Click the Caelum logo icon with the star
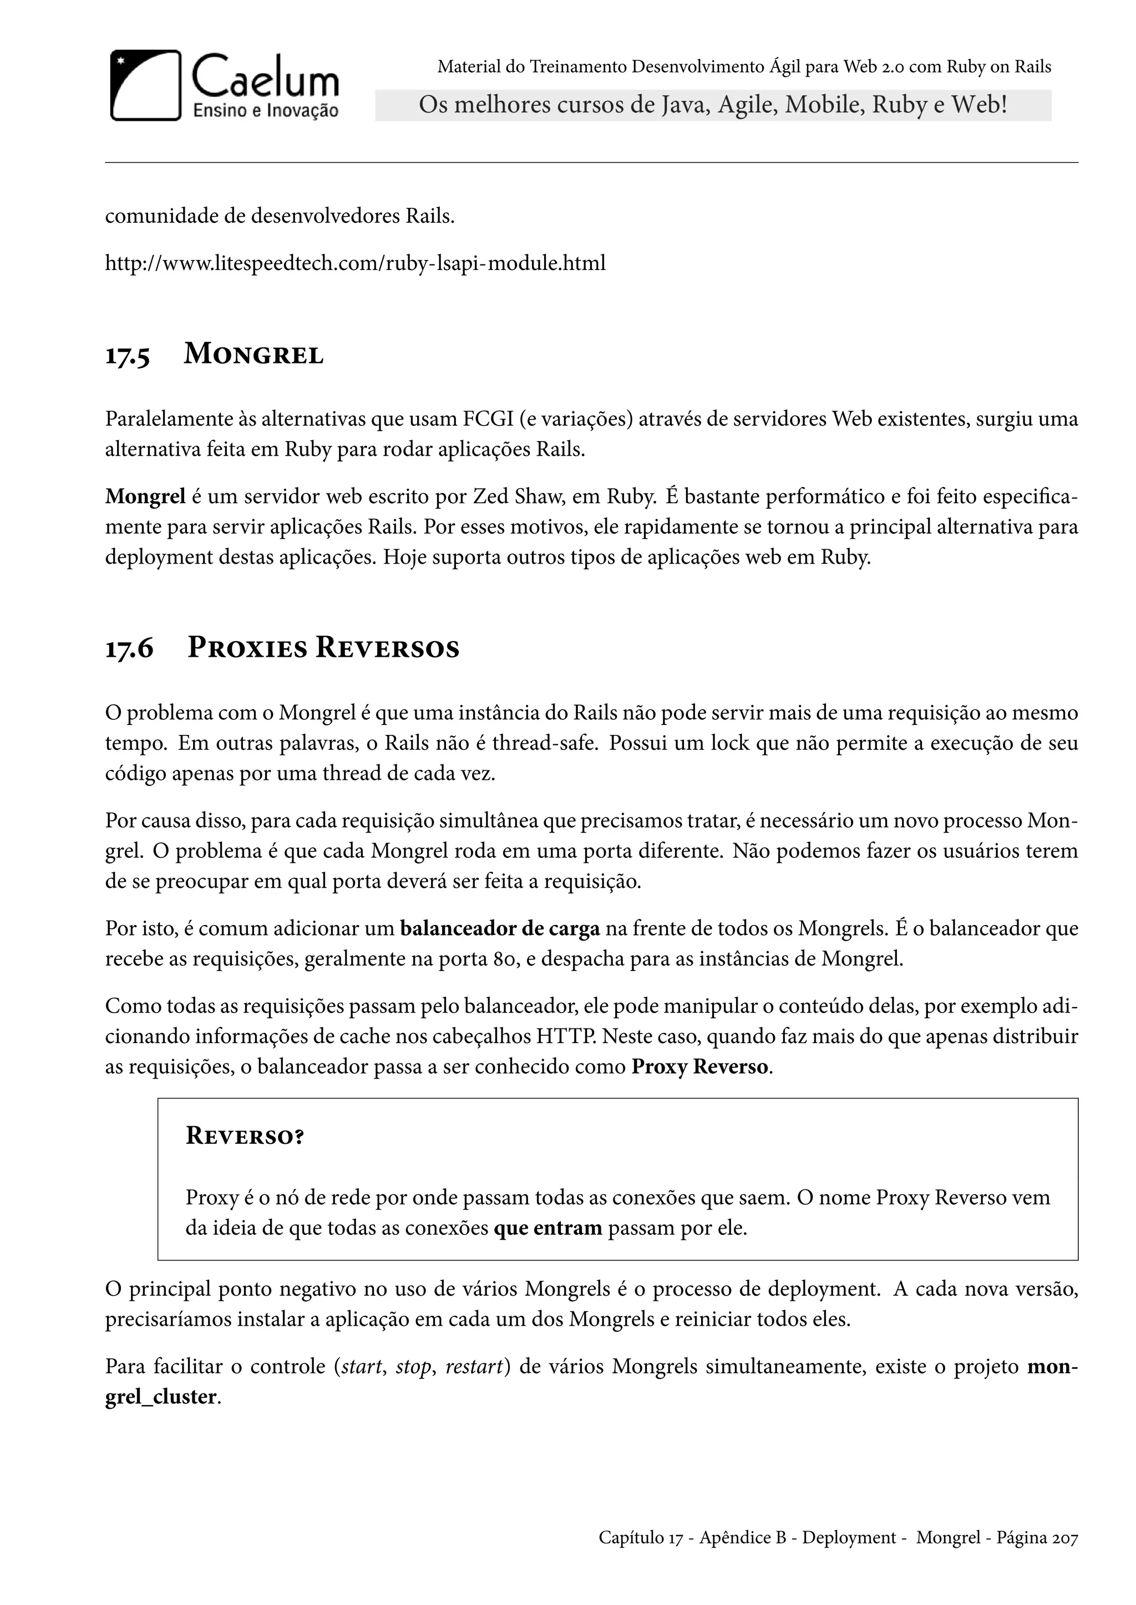[145, 85]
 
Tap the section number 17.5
[128, 355]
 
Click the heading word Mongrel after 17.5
[253, 354]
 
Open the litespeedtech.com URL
[354, 264]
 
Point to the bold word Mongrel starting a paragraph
[145, 497]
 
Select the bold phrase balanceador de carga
[499, 928]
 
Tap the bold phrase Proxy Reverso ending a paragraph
[699, 1067]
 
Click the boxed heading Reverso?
[245, 1136]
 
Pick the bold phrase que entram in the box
[547, 1228]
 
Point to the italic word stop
[413, 1366]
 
